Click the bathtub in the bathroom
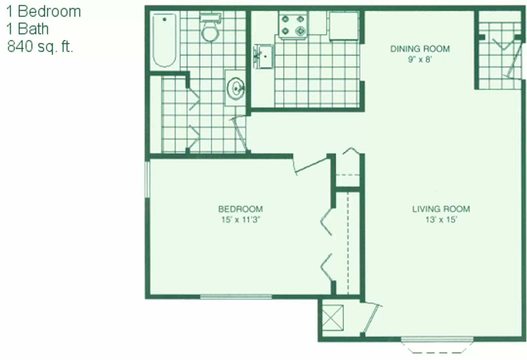164,40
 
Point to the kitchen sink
263,56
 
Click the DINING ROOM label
420,49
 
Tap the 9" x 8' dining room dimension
420,59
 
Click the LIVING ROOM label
441,209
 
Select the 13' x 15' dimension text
441,220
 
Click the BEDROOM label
240,209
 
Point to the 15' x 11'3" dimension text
240,220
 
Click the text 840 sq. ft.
40,47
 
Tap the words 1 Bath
28,29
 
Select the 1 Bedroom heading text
44,12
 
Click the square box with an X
333,318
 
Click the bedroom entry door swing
311,165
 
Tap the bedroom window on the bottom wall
236,297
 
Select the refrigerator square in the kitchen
344,26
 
